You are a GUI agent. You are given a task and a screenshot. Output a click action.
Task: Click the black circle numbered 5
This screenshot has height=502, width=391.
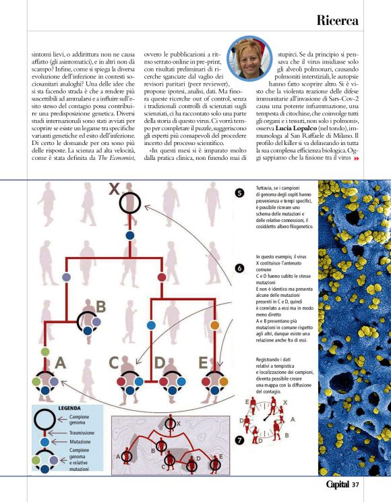(x=240, y=192)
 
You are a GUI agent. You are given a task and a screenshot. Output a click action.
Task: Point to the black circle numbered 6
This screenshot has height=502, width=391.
(x=240, y=268)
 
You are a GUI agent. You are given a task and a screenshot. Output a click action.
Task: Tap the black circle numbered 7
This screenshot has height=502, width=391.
(x=240, y=439)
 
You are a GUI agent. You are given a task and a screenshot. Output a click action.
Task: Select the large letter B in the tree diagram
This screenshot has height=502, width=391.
(x=100, y=306)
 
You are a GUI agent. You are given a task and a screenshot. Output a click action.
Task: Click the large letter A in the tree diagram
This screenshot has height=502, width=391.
(x=60, y=362)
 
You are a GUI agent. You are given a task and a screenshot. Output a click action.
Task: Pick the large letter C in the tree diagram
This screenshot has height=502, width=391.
(x=115, y=362)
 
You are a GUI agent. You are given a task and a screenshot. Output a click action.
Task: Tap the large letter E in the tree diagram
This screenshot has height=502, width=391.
(x=202, y=362)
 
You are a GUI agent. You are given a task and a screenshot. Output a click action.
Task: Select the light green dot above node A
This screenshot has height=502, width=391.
(x=45, y=352)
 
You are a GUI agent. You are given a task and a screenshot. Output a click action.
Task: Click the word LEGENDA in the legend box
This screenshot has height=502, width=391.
(x=69, y=408)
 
